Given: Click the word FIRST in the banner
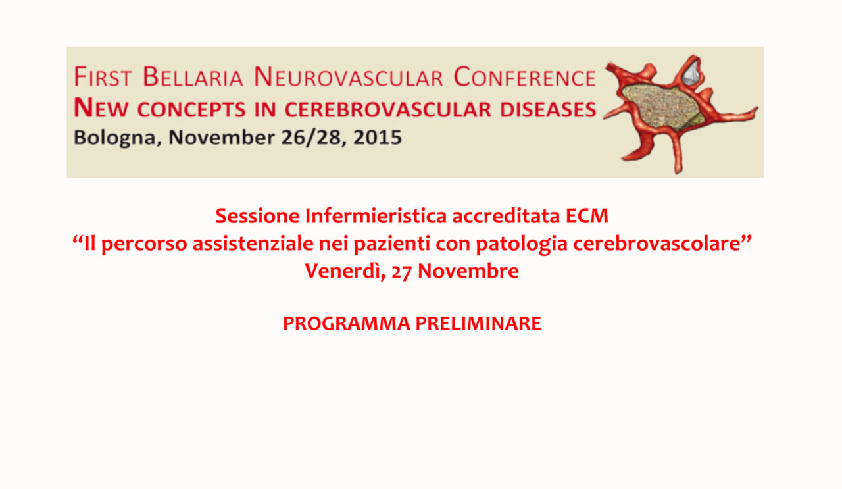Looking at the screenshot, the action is click(x=103, y=77).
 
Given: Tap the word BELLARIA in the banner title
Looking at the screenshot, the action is click(x=193, y=77).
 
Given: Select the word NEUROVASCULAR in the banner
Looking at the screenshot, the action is click(x=349, y=77).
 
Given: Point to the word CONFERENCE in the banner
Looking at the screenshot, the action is click(x=525, y=77).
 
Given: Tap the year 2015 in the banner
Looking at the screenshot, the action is click(x=378, y=138).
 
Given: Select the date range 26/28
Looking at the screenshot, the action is click(x=315, y=138).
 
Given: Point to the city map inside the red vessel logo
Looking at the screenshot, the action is click(x=662, y=107).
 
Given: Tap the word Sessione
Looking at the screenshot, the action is click(x=257, y=216).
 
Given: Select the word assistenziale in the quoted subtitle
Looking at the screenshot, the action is click(x=253, y=244).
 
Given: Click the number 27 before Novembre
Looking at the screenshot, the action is click(x=401, y=272).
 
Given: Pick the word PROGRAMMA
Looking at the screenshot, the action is click(x=347, y=324).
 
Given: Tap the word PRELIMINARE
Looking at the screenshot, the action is click(x=478, y=324).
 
